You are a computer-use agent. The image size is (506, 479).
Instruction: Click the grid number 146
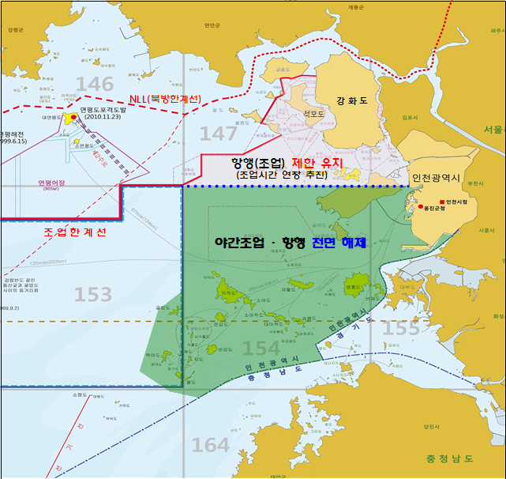pyautogui.click(x=96, y=85)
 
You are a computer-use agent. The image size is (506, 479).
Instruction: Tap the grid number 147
pyautogui.click(x=218, y=134)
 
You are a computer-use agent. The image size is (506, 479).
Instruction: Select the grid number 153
pyautogui.click(x=93, y=295)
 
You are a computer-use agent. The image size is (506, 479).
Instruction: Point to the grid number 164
pyautogui.click(x=211, y=446)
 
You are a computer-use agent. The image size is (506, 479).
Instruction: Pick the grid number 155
pyautogui.click(x=402, y=326)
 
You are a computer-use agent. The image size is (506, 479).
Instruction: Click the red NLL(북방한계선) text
pyautogui.click(x=165, y=100)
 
